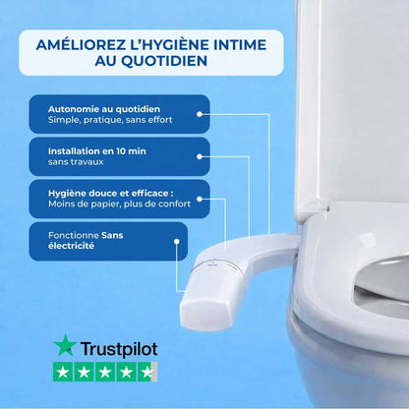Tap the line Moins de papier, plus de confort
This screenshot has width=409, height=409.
point(119,204)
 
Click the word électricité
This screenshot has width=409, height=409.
point(71,247)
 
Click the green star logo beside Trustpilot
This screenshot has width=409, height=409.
point(66,346)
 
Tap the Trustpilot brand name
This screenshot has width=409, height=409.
point(118,348)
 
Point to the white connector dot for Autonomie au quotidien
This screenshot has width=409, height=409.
point(201,113)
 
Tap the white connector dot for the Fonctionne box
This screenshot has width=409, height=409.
point(179,240)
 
